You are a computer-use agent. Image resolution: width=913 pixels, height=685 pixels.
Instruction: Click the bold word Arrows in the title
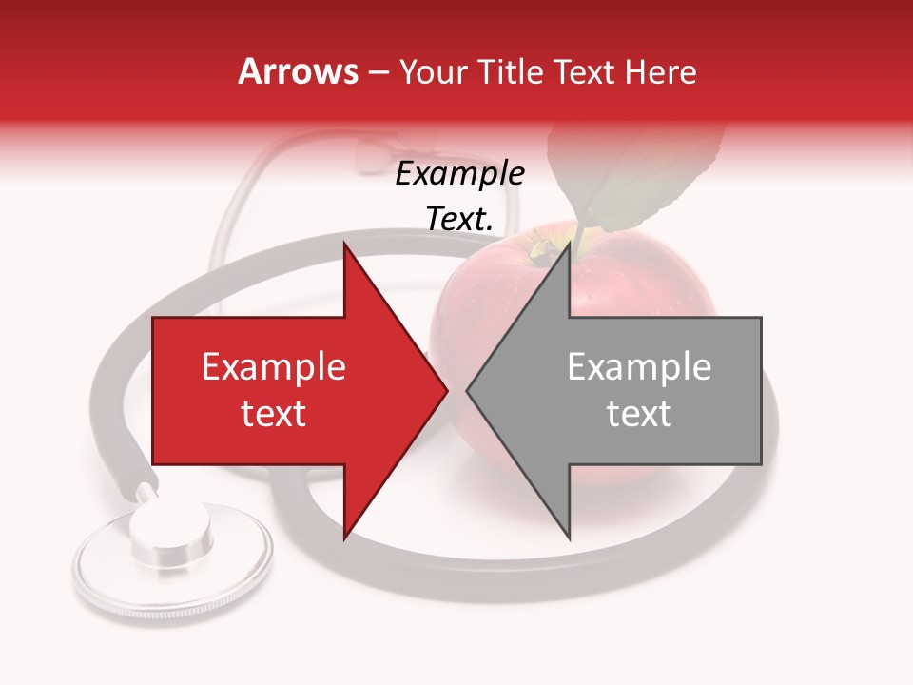[299, 71]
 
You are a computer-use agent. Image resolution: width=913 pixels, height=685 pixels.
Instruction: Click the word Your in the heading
[433, 72]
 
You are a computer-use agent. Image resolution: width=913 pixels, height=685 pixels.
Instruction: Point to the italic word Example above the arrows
[460, 174]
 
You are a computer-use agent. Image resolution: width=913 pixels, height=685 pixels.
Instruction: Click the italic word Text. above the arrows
[460, 220]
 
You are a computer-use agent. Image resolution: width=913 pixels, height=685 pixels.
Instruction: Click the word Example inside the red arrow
[274, 367]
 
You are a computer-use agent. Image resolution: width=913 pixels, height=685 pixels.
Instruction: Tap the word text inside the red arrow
[274, 414]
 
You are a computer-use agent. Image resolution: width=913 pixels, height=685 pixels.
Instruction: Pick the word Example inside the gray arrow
[639, 367]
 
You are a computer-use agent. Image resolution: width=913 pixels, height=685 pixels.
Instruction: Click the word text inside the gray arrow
[639, 414]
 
